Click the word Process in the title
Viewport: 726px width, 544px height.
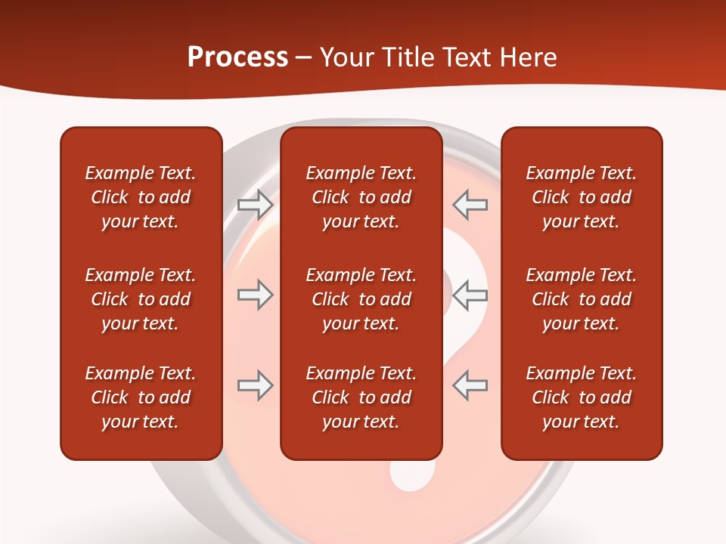[237, 57]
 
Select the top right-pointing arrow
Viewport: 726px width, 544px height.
[255, 204]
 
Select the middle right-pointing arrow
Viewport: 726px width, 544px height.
[255, 295]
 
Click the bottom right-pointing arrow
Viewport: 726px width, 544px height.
[255, 385]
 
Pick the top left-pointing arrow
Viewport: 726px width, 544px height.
[470, 204]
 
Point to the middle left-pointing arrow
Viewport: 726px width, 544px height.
[470, 295]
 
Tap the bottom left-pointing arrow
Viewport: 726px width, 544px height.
[470, 385]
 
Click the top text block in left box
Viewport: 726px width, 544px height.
[141, 197]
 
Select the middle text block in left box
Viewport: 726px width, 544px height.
[141, 299]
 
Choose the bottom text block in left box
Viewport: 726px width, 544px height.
[141, 397]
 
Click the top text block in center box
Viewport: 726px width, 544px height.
[361, 197]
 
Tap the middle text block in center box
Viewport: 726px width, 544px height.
[361, 299]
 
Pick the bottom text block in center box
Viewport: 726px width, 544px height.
[361, 397]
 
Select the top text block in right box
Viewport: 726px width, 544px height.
[581, 197]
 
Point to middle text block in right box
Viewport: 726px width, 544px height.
[581, 299]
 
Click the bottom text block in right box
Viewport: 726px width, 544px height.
[581, 397]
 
